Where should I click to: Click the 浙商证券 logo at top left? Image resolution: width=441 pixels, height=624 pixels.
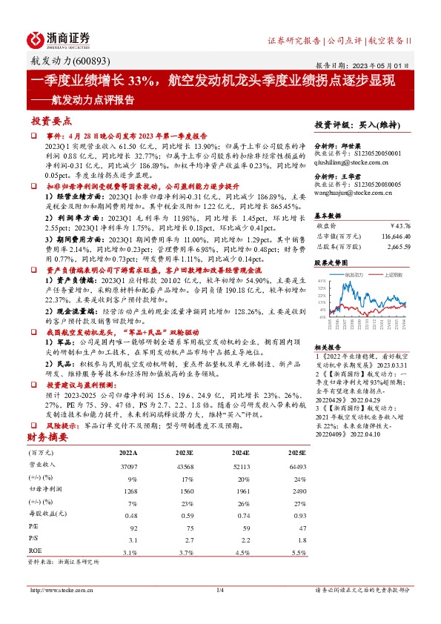(x=59, y=39)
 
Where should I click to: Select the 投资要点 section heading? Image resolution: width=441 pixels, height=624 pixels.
(x=52, y=120)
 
